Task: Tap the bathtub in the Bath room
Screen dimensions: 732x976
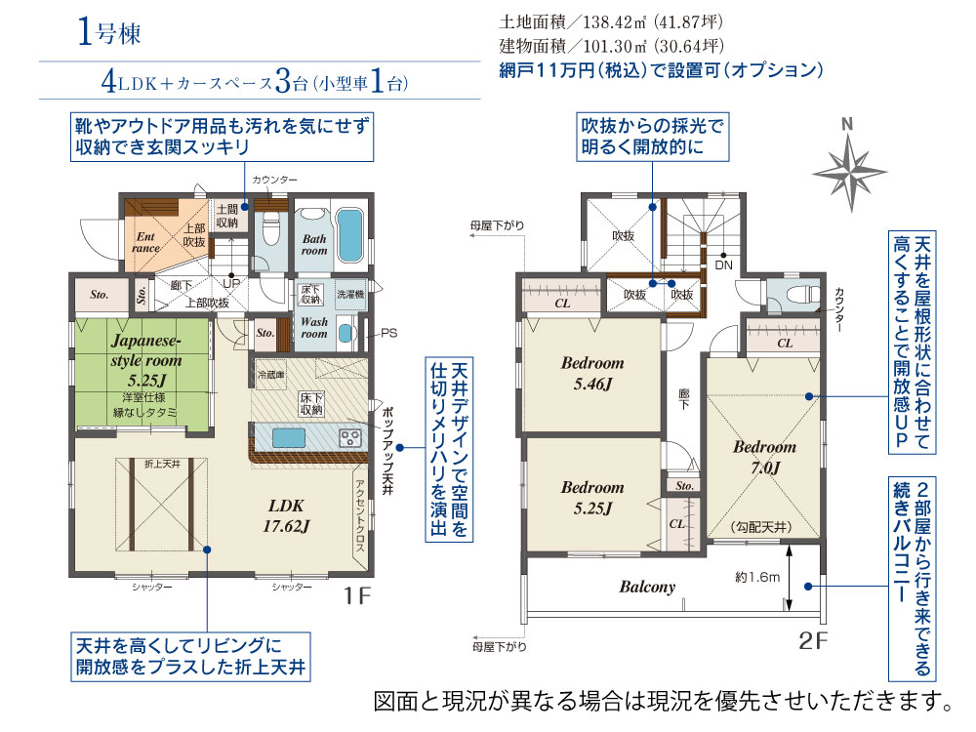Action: point(346,230)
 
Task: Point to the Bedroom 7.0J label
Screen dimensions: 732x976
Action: point(764,457)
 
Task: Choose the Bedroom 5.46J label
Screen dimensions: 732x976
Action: point(592,373)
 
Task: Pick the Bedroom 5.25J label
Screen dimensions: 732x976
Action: point(592,497)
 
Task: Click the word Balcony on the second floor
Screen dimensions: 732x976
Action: point(647,587)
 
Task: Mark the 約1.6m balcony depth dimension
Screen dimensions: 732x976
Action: point(757,577)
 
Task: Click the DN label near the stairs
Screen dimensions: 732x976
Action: point(723,264)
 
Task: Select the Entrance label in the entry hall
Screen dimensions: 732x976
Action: point(146,241)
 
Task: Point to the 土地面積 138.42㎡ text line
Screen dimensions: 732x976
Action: point(611,22)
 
